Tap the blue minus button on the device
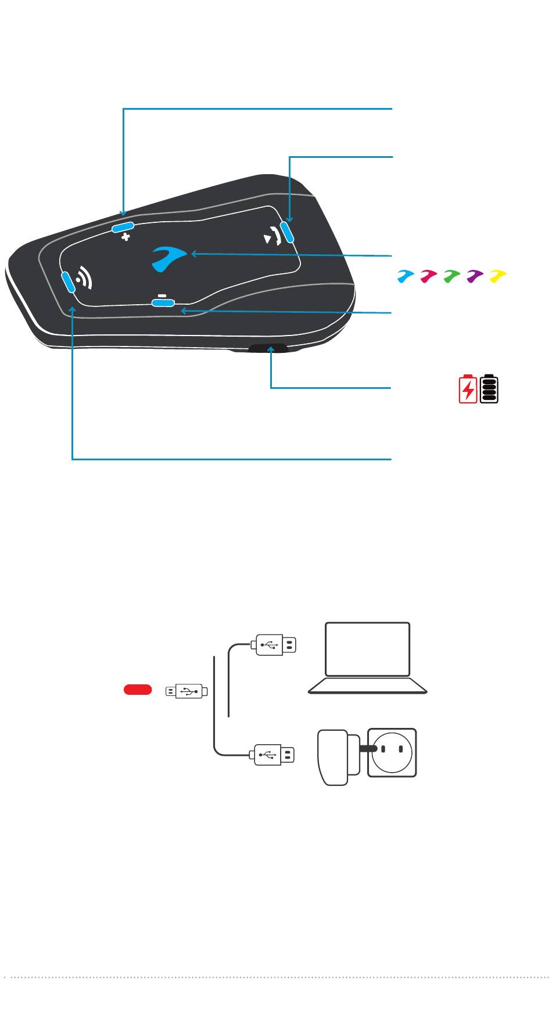click(x=162, y=302)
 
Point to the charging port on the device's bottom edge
click(x=268, y=348)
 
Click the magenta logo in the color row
click(x=428, y=276)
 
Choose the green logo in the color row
click(x=451, y=276)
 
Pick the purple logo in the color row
click(x=475, y=276)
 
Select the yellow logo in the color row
click(x=498, y=276)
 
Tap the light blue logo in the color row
click(x=405, y=276)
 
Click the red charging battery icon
click(x=468, y=389)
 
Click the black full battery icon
click(x=489, y=389)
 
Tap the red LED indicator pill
click(x=138, y=690)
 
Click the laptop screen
click(x=367, y=649)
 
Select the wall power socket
click(x=392, y=753)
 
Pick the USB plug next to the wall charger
click(x=272, y=754)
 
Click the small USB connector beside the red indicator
click(x=186, y=691)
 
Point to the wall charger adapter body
click(x=332, y=757)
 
